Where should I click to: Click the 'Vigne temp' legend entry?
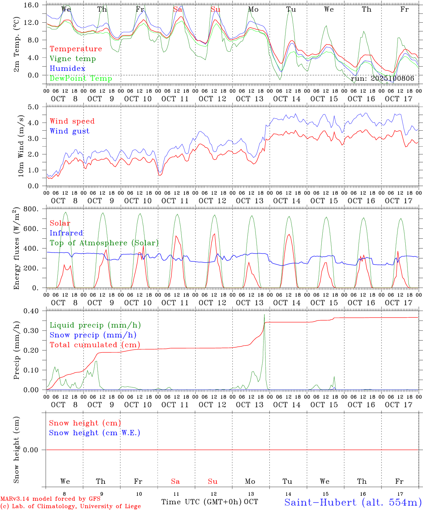73,59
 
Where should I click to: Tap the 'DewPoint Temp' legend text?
81,78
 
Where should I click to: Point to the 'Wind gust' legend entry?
69,131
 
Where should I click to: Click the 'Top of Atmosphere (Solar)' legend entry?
104,243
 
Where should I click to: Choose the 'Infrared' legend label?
66,233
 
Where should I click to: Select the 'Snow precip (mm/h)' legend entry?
93,335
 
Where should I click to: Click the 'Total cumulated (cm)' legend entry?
95,345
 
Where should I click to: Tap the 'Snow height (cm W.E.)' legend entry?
95,433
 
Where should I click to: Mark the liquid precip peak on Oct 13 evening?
264,314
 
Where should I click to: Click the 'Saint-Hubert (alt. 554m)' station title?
353,502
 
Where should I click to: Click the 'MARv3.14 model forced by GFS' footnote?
50,499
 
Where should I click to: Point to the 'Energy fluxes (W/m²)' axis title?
16,249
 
